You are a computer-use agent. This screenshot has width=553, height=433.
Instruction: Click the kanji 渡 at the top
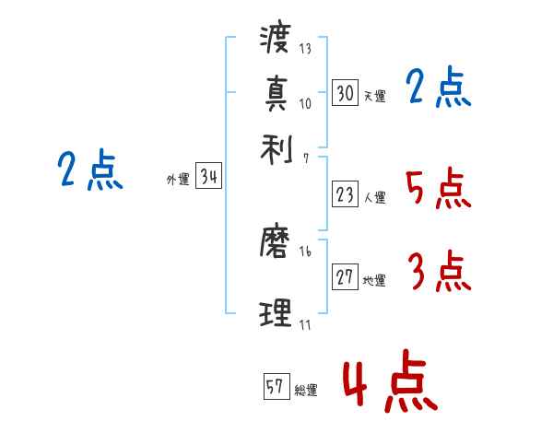[x=276, y=39]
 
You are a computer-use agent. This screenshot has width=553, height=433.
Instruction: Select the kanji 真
[x=276, y=93]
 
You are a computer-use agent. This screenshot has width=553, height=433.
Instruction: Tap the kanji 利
[x=276, y=147]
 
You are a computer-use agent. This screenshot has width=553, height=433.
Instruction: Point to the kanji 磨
[x=276, y=243]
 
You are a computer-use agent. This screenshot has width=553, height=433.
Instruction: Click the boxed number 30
[x=345, y=92]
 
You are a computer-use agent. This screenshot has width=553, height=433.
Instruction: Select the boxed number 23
[x=345, y=193]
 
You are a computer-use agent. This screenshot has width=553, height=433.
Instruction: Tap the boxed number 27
[x=345, y=277]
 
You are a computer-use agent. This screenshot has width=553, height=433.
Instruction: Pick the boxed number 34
[x=208, y=177]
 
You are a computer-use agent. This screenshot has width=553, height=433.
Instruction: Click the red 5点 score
[x=437, y=190]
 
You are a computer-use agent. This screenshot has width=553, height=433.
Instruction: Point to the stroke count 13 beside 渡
[x=305, y=49]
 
